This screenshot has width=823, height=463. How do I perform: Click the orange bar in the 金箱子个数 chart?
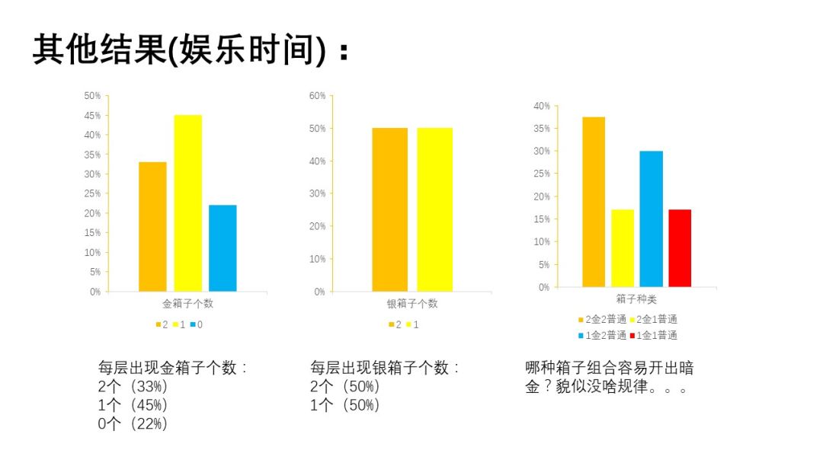click(x=152, y=226)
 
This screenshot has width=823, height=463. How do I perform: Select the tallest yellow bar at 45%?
click(x=187, y=203)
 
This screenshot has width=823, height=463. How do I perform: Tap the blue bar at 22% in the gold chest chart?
click(x=223, y=247)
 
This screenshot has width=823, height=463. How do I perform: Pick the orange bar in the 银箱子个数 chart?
click(x=389, y=209)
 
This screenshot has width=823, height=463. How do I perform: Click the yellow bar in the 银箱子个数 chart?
click(x=434, y=209)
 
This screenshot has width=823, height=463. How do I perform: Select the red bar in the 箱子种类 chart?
click(x=679, y=248)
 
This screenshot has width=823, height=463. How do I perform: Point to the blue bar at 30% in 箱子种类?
click(x=651, y=219)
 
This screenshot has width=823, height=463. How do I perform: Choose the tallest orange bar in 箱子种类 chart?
click(x=594, y=202)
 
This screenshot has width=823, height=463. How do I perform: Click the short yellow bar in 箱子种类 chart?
click(x=623, y=248)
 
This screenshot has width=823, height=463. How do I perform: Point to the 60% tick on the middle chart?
click(x=317, y=96)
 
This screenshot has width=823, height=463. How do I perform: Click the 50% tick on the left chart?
click(x=92, y=96)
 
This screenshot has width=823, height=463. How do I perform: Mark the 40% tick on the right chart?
click(x=541, y=106)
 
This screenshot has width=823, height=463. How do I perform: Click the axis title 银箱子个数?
click(x=412, y=304)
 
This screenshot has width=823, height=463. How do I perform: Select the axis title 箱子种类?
click(x=631, y=300)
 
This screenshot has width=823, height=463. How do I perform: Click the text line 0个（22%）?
click(x=133, y=423)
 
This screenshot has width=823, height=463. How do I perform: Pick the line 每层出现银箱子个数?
click(x=385, y=368)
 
